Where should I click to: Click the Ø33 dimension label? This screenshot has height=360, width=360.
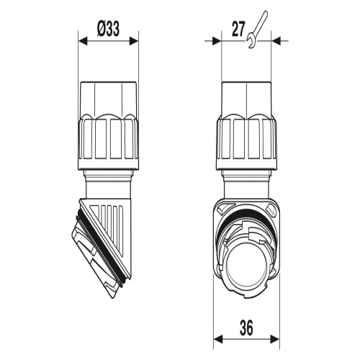[108, 29]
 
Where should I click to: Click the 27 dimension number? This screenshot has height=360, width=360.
[238, 30]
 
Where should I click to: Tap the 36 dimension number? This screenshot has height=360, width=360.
[246, 328]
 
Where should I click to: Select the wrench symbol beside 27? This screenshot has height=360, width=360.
[257, 30]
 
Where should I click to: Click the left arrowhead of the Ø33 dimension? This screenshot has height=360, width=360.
[83, 41]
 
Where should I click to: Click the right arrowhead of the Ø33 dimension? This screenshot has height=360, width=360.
[134, 41]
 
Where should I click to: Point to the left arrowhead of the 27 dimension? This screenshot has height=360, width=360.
[217, 41]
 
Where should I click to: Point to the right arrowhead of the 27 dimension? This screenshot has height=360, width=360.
[276, 41]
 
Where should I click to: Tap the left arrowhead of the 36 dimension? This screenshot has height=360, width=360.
[218, 339]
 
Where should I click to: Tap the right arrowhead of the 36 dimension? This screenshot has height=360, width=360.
[275, 339]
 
